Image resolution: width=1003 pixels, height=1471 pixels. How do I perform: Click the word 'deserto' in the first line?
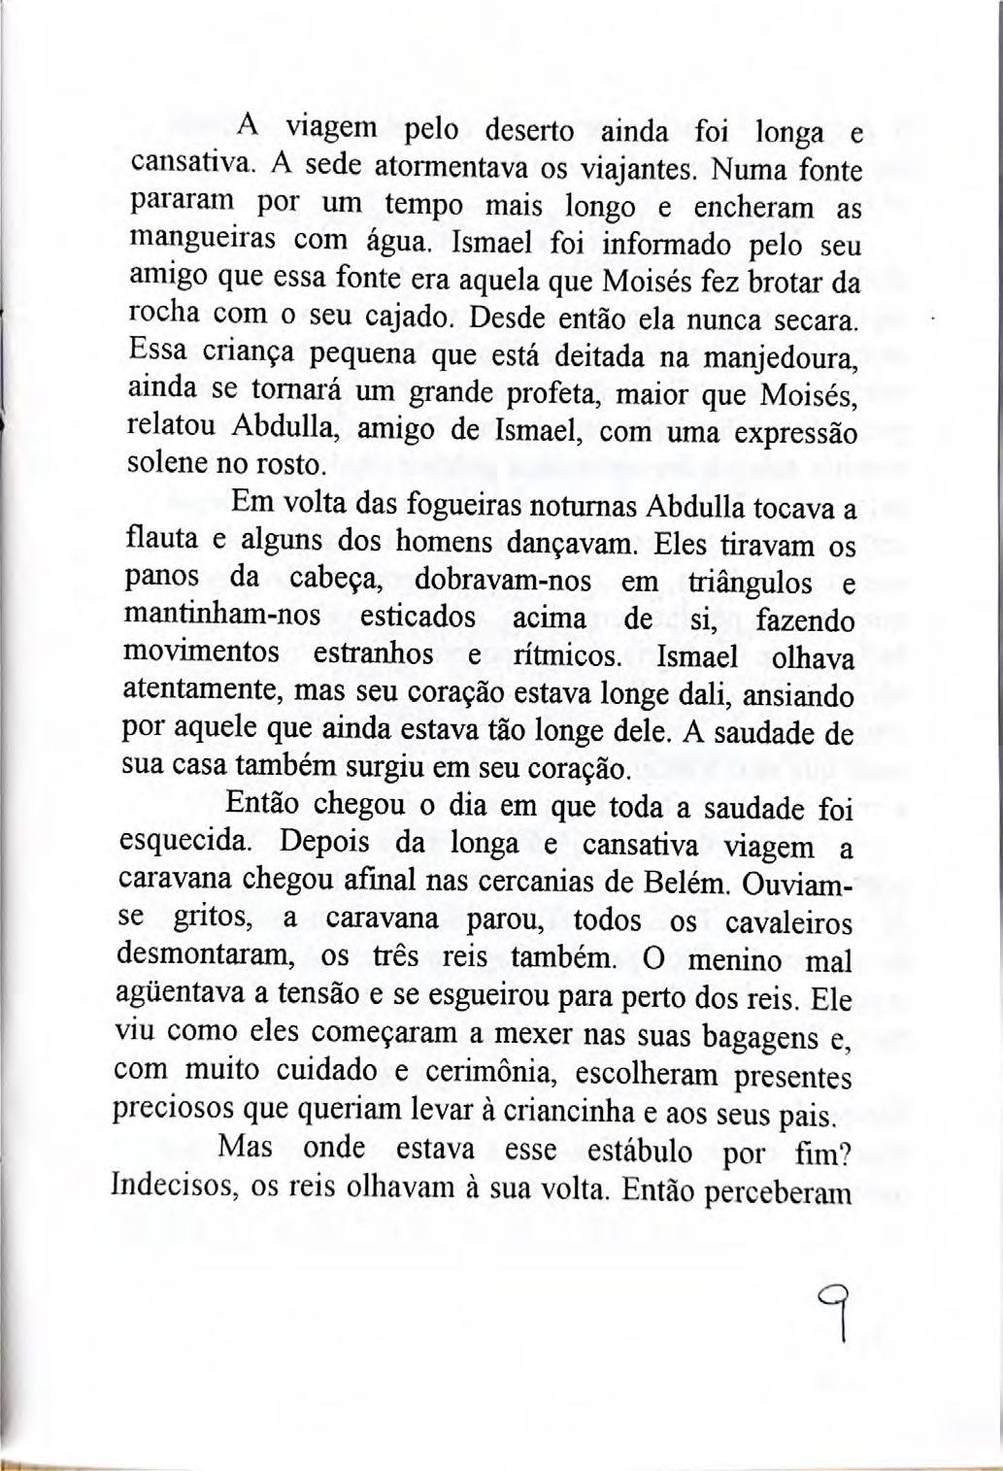click(531, 130)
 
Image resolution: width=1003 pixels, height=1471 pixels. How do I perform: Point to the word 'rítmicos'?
click(566, 656)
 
